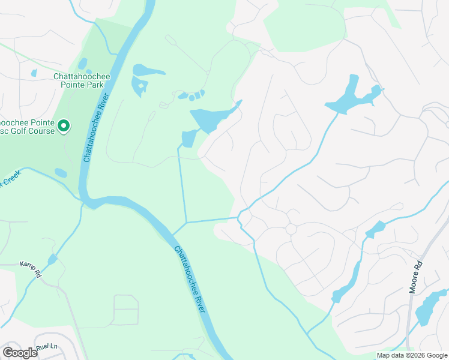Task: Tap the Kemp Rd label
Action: (29, 268)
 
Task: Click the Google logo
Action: (20, 352)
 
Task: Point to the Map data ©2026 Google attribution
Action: (412, 355)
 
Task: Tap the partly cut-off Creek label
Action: (11, 178)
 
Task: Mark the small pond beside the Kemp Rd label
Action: (52, 259)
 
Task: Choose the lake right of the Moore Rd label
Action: (431, 307)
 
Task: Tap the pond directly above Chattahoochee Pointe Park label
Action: (82, 63)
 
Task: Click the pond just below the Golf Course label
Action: (61, 173)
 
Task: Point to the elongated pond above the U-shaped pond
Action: (148, 70)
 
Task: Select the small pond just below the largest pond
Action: (188, 139)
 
